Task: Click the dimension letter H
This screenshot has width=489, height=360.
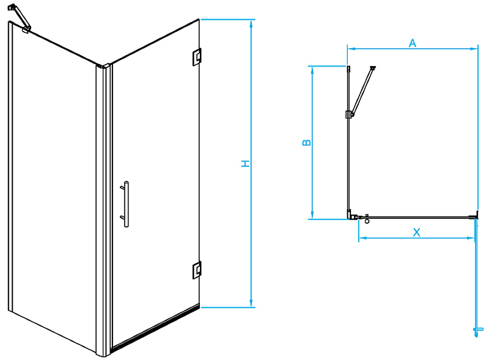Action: pyautogui.click(x=246, y=163)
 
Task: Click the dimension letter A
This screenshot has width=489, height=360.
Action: pyautogui.click(x=412, y=43)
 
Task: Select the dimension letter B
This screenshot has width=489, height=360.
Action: pyautogui.click(x=307, y=142)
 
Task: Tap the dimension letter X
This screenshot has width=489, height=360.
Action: pyautogui.click(x=417, y=232)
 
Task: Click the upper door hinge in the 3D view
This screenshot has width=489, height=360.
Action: pyautogui.click(x=196, y=57)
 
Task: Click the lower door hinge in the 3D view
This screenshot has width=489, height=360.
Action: pyautogui.click(x=197, y=270)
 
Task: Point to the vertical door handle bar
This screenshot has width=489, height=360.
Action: pyautogui.click(x=126, y=204)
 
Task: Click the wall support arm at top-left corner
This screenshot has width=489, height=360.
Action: pyautogui.click(x=20, y=18)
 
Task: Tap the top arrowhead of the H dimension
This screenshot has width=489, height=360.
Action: pyautogui.click(x=251, y=23)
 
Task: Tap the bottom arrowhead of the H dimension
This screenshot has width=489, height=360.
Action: pyautogui.click(x=251, y=304)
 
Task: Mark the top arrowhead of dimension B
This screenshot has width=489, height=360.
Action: pyautogui.click(x=312, y=70)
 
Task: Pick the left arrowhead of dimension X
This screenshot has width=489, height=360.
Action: pyautogui.click(x=362, y=238)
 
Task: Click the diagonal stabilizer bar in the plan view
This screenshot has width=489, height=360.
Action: pyautogui.click(x=362, y=90)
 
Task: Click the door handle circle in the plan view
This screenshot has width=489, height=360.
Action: pyautogui.click(x=367, y=221)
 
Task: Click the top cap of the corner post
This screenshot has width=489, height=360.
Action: pyautogui.click(x=103, y=66)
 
